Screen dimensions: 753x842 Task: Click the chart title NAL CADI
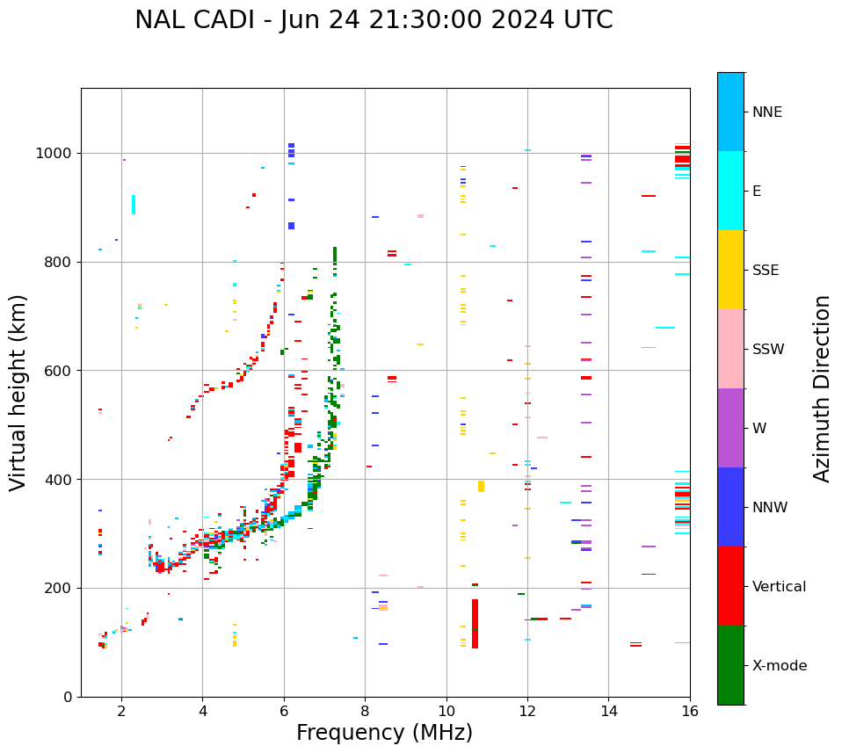374,20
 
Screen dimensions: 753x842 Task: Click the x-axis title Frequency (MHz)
384,733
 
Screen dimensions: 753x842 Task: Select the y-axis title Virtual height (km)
18,392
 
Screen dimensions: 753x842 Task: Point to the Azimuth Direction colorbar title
822,388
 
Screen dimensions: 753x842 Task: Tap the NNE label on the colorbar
766,112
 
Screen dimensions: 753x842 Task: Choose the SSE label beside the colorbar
765,270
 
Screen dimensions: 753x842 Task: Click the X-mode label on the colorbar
779,665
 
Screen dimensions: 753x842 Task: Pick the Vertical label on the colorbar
779,586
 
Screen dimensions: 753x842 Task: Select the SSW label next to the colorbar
767,349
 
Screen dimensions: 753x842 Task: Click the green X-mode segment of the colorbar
730,665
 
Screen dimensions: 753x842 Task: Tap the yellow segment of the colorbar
730,270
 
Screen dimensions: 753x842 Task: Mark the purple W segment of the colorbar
730,428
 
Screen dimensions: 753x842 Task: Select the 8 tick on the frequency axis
365,711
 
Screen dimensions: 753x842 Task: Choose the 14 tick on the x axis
608,711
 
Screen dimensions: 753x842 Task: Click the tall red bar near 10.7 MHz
475,624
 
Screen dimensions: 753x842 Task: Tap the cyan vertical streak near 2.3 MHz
134,204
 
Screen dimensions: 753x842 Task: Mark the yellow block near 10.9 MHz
481,486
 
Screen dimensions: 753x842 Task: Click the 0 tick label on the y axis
69,697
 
